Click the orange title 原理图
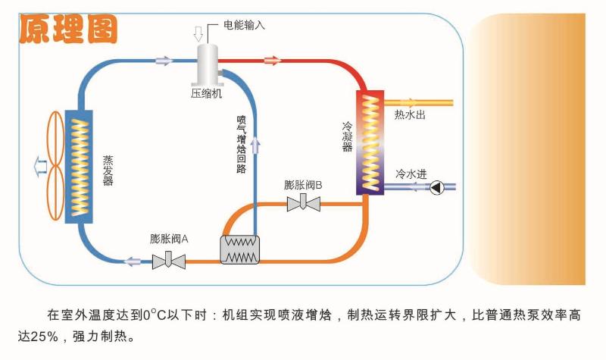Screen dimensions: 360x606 [68, 30]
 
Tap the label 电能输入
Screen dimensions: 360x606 [245, 25]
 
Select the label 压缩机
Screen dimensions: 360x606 [206, 94]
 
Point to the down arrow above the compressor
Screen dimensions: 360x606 [198, 33]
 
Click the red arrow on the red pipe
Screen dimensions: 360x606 [271, 60]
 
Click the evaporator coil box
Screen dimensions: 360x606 [80, 166]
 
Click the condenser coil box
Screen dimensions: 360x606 [369, 142]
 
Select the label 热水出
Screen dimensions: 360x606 [410, 116]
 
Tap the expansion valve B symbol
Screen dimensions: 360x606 [303, 203]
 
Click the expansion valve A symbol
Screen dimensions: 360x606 [169, 261]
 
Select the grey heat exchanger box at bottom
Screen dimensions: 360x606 [239, 249]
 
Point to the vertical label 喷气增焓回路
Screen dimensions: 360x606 [242, 144]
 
